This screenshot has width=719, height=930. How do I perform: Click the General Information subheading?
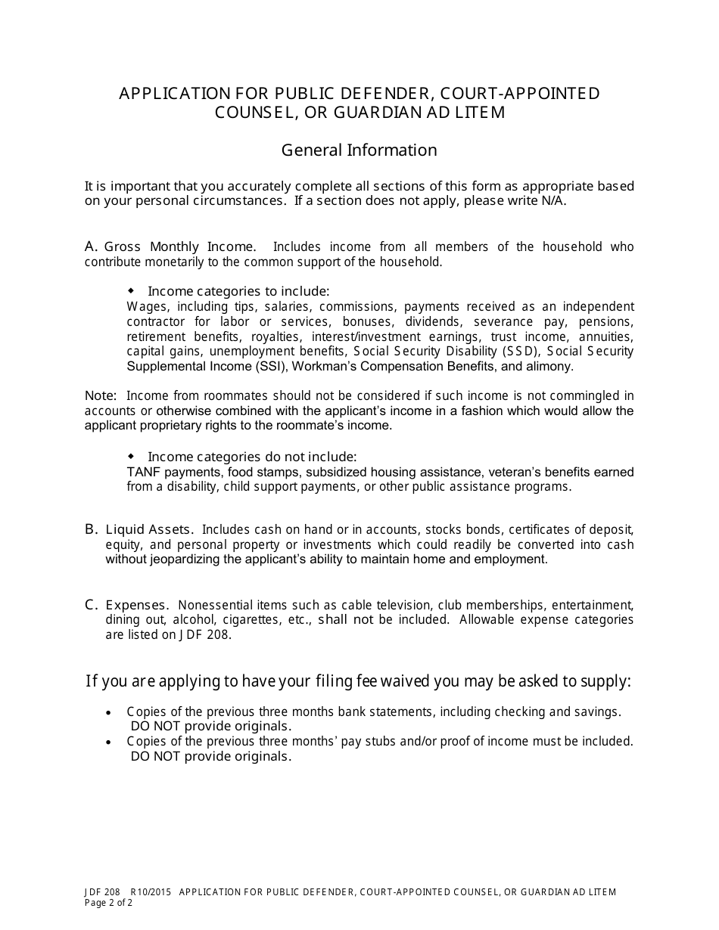click(x=359, y=150)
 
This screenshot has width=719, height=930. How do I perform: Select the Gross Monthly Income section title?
click(x=180, y=247)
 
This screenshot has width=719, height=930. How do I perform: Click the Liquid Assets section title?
click(x=149, y=530)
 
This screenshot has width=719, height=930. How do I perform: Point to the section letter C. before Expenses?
click(x=92, y=605)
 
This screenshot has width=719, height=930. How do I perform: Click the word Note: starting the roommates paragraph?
click(x=101, y=396)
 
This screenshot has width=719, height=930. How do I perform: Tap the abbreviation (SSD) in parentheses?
click(x=520, y=352)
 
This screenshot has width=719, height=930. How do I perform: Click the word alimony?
click(x=549, y=367)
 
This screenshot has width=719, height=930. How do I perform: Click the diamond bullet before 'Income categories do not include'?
click(x=131, y=457)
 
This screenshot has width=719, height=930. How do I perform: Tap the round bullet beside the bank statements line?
click(x=109, y=712)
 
